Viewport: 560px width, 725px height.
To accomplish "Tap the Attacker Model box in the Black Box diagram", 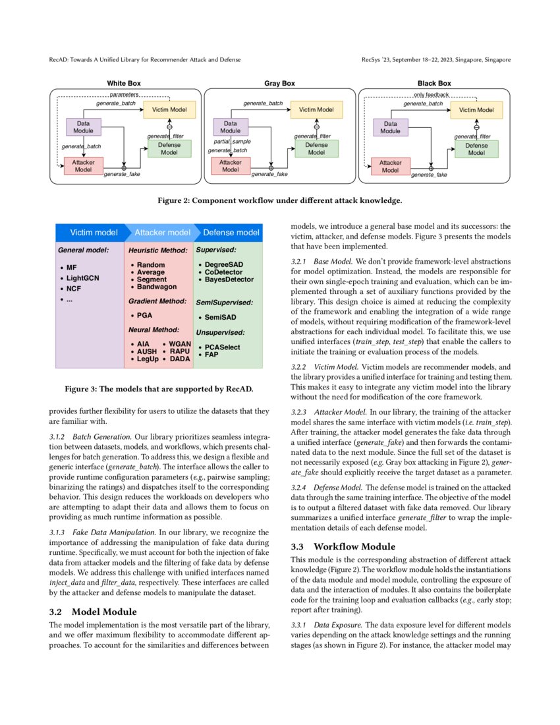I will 391,166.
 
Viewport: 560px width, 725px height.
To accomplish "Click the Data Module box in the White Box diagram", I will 84,127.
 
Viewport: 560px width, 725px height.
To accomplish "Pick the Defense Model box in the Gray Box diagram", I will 316,149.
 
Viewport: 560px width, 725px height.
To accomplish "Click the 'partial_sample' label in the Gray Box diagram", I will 232,142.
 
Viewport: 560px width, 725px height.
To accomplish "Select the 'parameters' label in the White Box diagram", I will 124,95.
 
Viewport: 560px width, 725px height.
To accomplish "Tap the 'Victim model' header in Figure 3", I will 94,233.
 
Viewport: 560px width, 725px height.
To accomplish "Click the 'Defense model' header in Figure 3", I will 231,233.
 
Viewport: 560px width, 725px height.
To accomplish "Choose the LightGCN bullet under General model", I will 82,278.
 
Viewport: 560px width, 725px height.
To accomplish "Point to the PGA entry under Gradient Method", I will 144,315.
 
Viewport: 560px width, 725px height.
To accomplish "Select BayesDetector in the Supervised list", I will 229,279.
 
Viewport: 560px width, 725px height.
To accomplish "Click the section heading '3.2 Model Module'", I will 94,611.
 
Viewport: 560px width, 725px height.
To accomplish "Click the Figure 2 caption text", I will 279,200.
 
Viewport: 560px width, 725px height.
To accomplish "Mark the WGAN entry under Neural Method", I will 180,344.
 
